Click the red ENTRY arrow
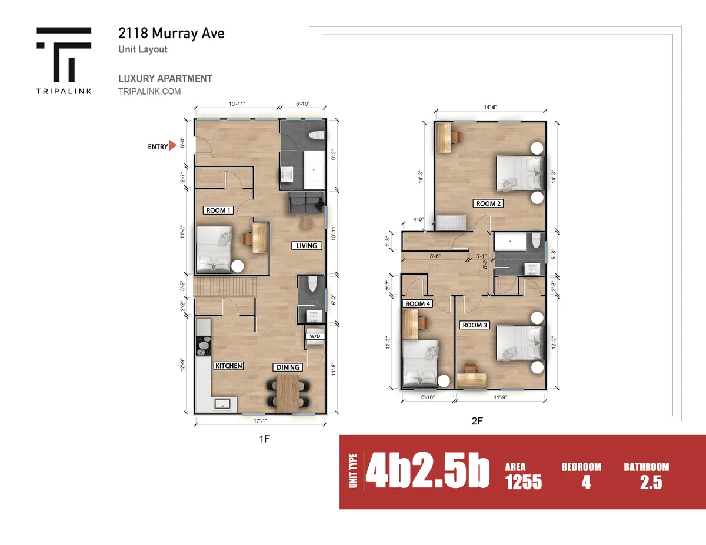[x=172, y=145]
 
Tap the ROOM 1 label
[x=218, y=210]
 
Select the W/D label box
[x=315, y=336]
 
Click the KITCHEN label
[x=229, y=366]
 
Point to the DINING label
[x=288, y=367]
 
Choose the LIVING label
[x=307, y=246]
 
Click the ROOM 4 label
[x=418, y=304]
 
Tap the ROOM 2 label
[x=488, y=203]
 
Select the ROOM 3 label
[x=475, y=325]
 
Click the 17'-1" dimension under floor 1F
[x=260, y=421]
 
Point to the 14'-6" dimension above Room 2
[x=491, y=107]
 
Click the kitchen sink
[x=222, y=404]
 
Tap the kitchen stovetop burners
[x=204, y=346]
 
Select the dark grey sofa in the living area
[x=306, y=203]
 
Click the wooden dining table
[x=288, y=393]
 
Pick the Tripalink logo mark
[x=64, y=55]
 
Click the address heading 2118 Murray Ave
[x=171, y=34]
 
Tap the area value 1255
[x=524, y=482]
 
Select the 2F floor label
[x=477, y=421]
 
